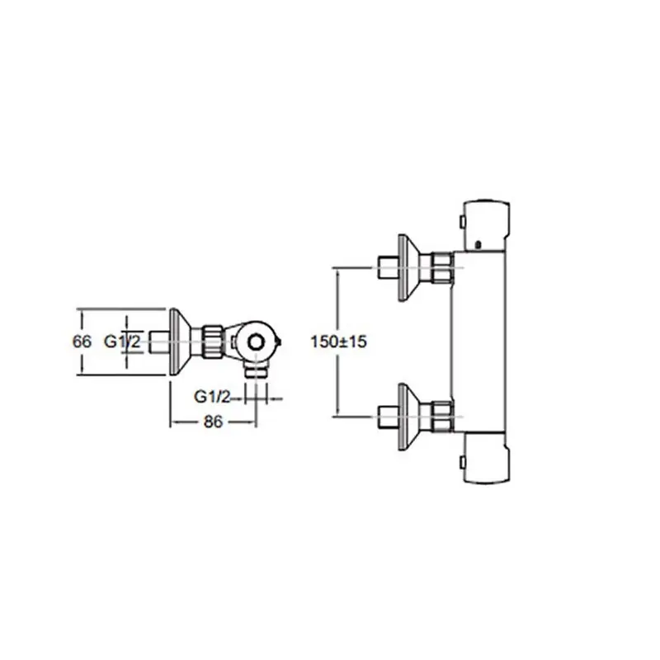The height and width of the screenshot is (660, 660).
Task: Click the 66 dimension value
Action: (81, 341)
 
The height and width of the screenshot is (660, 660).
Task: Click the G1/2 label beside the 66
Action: (120, 341)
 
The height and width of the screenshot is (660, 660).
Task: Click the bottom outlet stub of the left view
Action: (262, 370)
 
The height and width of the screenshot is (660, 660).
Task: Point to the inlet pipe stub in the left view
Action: (157, 340)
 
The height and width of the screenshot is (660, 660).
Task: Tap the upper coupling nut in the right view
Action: (442, 267)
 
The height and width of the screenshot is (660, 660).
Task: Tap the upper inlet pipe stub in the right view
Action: (386, 267)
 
